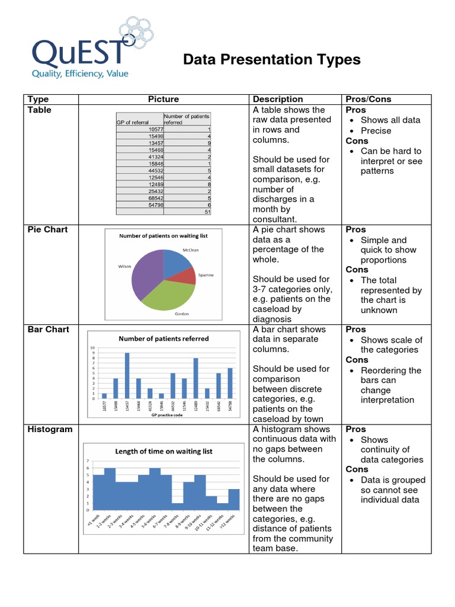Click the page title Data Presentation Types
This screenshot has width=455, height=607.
point(271,60)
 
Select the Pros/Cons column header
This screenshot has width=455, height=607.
point(368,99)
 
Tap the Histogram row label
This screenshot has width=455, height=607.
point(49,429)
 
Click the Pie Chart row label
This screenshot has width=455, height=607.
point(48,229)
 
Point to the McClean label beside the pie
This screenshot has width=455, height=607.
point(191,250)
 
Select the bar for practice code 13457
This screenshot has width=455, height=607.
point(127,376)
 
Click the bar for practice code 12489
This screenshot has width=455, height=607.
point(196,378)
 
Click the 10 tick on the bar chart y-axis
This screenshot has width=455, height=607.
point(92,348)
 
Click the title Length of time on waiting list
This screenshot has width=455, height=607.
point(163,451)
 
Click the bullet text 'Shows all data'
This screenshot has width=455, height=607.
point(390,120)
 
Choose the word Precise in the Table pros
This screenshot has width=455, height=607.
point(376,130)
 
